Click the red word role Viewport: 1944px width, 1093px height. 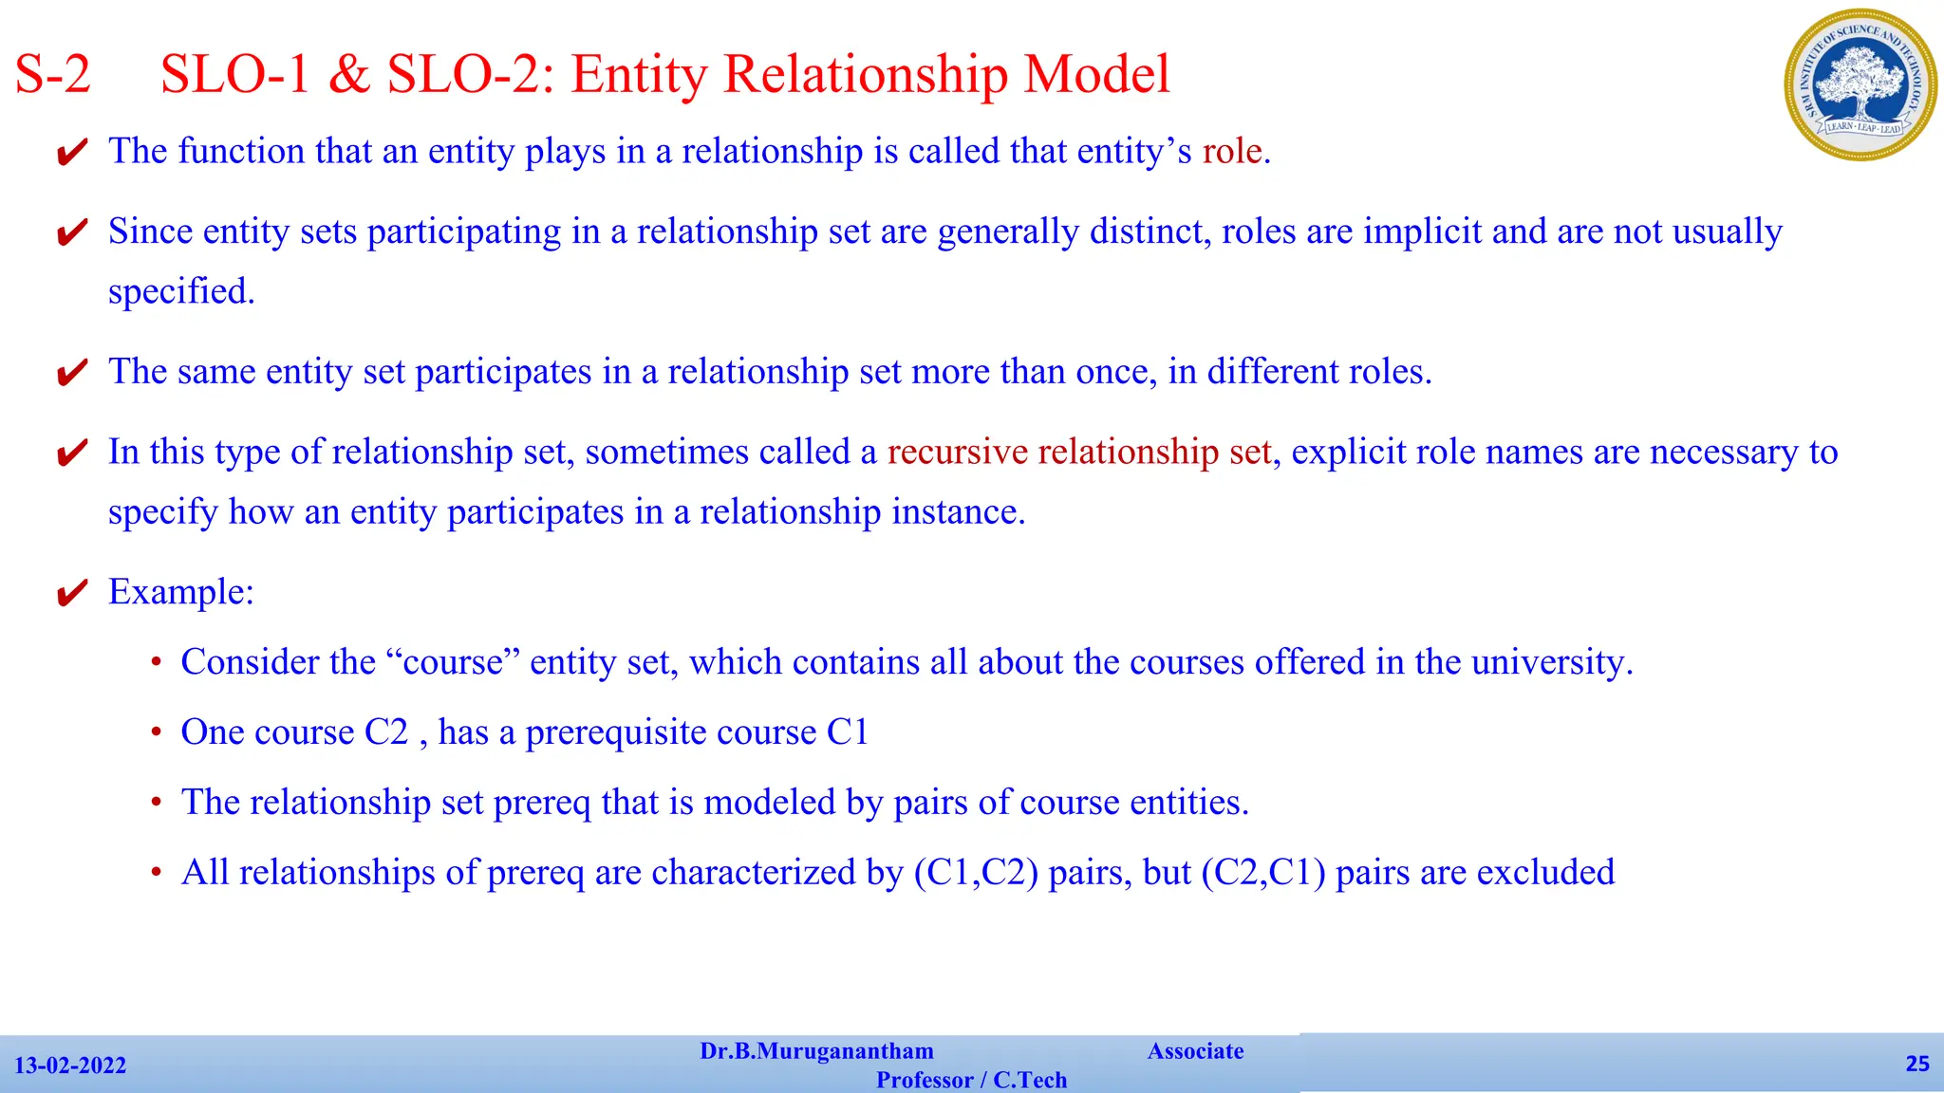[x=1232, y=152]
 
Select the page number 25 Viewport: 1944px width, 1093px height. [x=1917, y=1064]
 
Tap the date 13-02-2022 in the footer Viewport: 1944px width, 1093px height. [x=70, y=1065]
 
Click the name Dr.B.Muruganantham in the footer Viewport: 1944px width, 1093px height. [x=816, y=1051]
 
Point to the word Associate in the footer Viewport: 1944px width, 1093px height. [x=1195, y=1051]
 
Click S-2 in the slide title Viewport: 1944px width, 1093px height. [x=53, y=74]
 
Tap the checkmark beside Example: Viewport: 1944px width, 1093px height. [x=72, y=594]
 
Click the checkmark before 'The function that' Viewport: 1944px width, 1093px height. [x=72, y=153]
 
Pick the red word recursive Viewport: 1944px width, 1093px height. [x=957, y=452]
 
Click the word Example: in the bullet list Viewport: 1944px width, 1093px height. [x=181, y=592]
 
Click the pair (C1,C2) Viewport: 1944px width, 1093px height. [x=975, y=873]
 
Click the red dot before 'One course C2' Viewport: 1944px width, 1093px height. [x=157, y=732]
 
